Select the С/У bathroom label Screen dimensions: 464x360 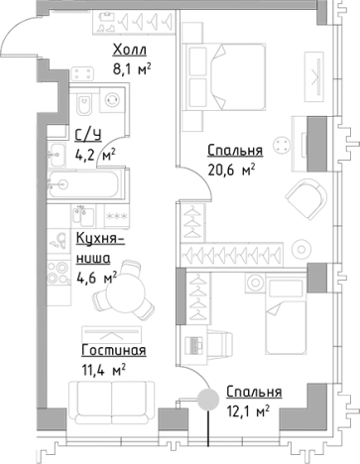coord(86,137)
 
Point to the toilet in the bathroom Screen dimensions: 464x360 coord(84,103)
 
